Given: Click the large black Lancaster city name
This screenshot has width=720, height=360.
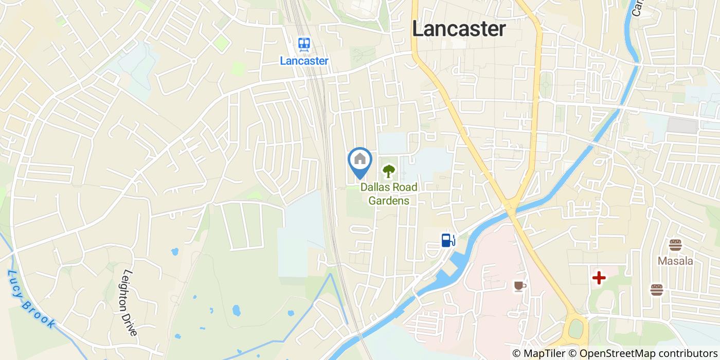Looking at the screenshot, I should point(459,29).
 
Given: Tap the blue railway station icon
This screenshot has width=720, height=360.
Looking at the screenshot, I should point(304,44).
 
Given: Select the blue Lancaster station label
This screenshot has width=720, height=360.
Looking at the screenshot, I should point(304,61).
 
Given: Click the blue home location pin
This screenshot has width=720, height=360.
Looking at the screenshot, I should point(360,160).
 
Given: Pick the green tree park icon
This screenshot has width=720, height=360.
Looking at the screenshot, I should point(389,170).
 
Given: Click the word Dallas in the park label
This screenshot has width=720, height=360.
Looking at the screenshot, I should point(375,187).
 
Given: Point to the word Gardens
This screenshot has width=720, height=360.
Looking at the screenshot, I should point(389,201).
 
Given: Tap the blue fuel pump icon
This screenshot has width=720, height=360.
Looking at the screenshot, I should point(448,240).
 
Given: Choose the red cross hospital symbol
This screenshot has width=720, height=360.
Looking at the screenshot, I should point(599,278).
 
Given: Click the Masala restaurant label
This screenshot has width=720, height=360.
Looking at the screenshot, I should point(675,261).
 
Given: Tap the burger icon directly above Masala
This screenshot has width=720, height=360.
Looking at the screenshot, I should point(675,245).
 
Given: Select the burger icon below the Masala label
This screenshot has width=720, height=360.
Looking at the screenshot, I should point(656,290).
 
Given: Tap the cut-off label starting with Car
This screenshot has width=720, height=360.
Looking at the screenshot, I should point(638,8).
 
